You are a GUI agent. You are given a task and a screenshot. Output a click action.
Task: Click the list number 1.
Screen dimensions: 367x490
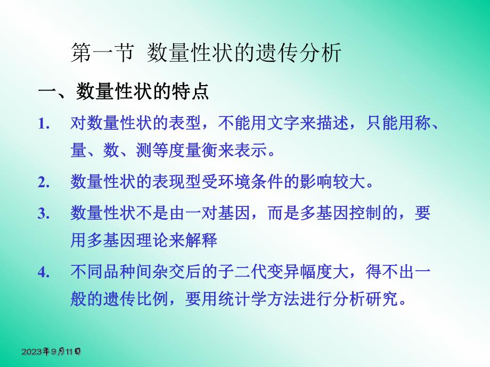[44, 124]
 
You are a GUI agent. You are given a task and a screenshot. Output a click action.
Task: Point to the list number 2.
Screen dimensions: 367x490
[44, 182]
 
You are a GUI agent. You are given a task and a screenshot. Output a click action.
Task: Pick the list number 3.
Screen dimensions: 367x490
[44, 214]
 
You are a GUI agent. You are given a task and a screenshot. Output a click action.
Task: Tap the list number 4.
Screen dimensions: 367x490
[44, 272]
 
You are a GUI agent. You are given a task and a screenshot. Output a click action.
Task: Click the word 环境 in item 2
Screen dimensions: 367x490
[235, 182]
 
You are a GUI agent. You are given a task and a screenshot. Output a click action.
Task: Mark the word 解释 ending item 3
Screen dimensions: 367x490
[202, 240]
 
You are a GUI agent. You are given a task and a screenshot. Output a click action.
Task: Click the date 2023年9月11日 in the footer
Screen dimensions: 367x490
[51, 352]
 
